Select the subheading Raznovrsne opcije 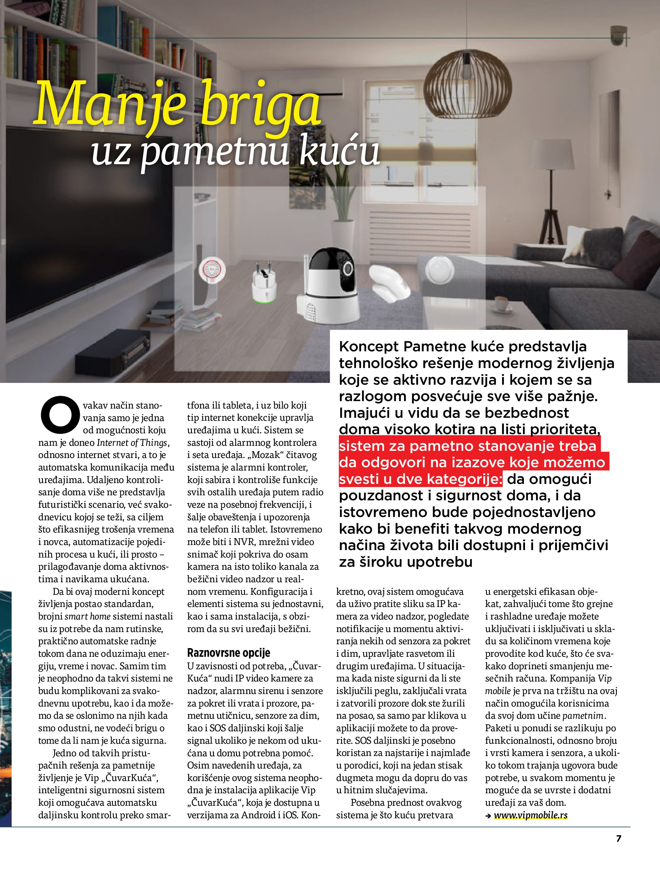pyautogui.click(x=229, y=653)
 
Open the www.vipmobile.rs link pyautogui.click(x=530, y=815)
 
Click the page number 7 pyautogui.click(x=619, y=838)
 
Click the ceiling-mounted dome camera pyautogui.click(x=619, y=35)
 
